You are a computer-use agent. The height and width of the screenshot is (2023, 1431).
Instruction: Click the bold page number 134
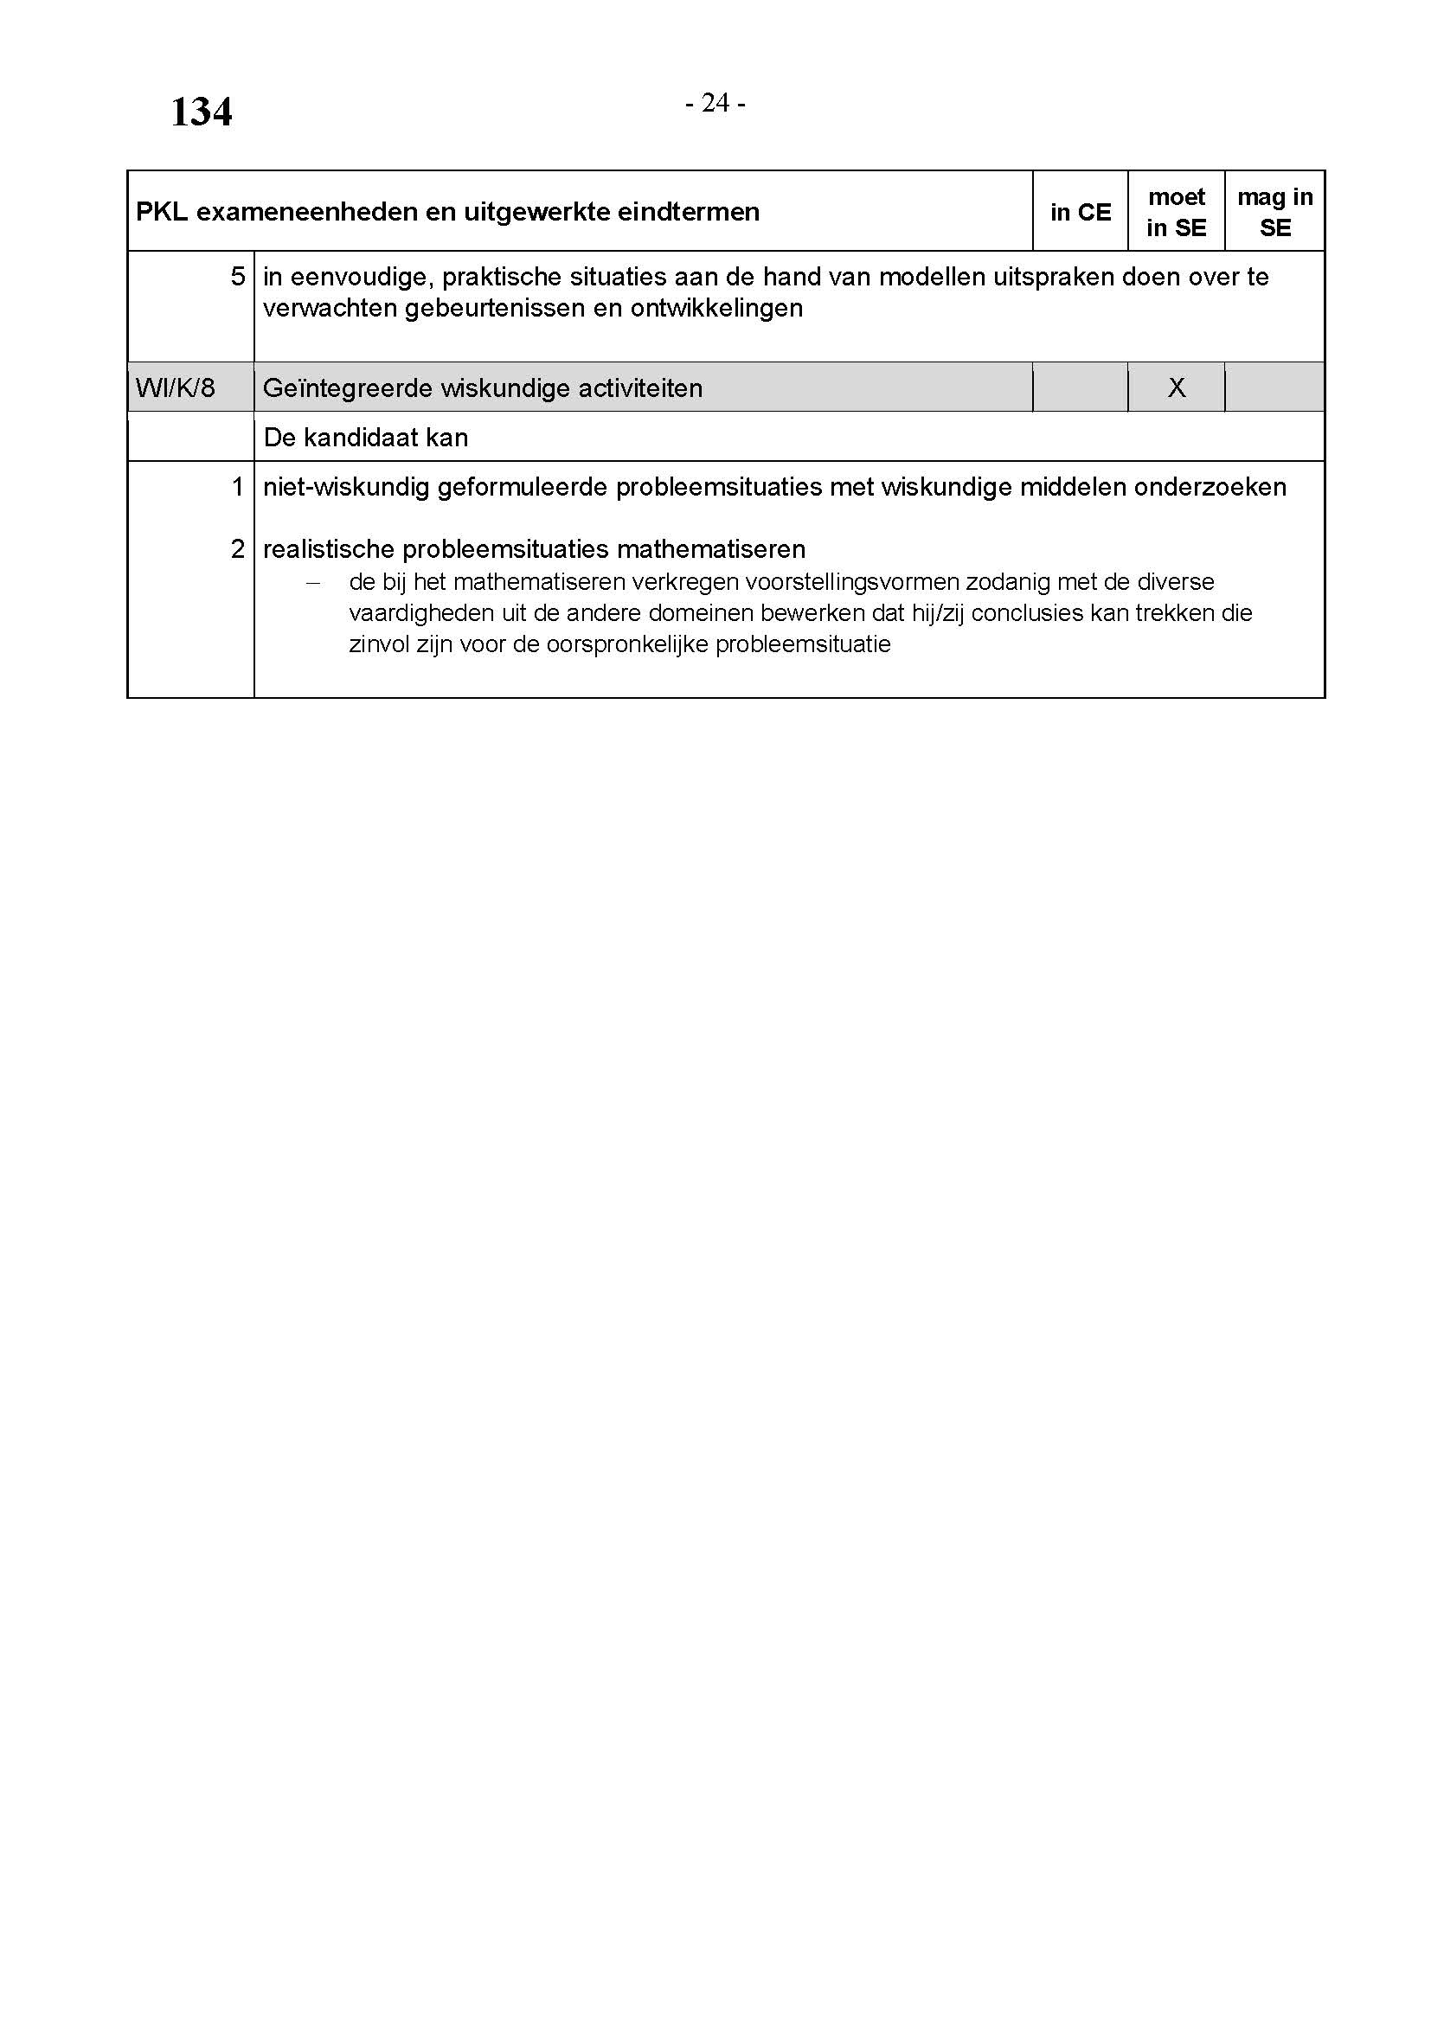click(x=201, y=112)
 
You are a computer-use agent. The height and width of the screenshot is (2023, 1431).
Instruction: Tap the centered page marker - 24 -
click(x=715, y=104)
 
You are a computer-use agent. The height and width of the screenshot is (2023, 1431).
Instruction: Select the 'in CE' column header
click(x=1081, y=213)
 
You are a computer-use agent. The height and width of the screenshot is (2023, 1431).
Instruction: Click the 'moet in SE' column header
click(x=1177, y=213)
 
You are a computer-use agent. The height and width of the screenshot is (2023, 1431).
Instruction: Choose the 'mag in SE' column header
click(x=1275, y=213)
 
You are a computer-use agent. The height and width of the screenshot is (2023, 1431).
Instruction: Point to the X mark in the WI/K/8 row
click(x=1177, y=387)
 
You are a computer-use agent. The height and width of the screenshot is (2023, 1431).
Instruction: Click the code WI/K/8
click(x=176, y=387)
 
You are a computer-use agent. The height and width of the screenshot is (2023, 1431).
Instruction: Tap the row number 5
click(x=238, y=277)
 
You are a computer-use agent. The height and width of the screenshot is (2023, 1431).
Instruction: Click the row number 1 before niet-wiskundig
click(x=238, y=486)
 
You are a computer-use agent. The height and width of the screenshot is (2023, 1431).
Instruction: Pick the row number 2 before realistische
click(x=238, y=549)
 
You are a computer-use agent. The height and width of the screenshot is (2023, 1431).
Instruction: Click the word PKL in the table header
click(x=161, y=213)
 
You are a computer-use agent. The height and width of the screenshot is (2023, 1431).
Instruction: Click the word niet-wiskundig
click(x=345, y=487)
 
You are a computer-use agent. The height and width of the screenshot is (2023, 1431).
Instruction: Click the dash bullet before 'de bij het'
click(x=312, y=582)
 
